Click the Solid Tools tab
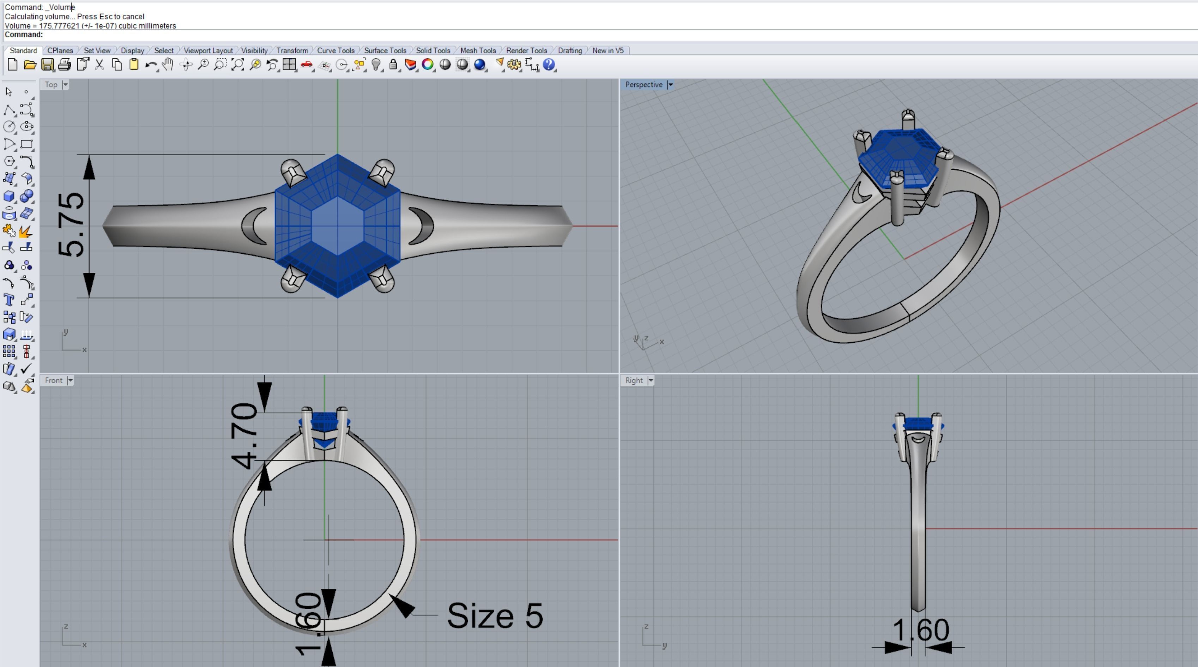click(x=432, y=50)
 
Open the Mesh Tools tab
click(x=478, y=50)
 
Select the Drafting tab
click(x=569, y=50)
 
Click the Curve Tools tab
click(x=335, y=50)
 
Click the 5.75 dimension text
click(x=71, y=225)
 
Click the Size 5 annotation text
click(x=494, y=616)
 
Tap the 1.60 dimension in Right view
click(x=920, y=631)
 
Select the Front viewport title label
click(x=54, y=380)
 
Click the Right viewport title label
click(x=634, y=380)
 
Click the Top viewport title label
click(x=51, y=85)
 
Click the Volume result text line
click(x=90, y=25)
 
